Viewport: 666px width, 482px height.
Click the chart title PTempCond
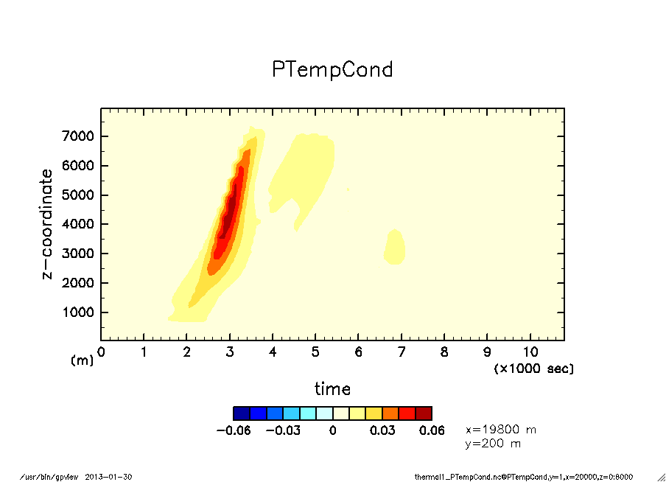coord(332,69)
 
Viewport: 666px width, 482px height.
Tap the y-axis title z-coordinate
coord(47,224)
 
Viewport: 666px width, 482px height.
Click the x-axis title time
coord(332,388)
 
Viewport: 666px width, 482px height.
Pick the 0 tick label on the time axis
coord(101,351)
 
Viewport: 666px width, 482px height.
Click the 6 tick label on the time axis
coord(358,351)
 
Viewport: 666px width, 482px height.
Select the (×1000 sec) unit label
coord(533,368)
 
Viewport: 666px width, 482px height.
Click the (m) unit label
coord(83,360)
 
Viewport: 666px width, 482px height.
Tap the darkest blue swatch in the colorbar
coord(242,413)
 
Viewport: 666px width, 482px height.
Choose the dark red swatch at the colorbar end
coord(424,413)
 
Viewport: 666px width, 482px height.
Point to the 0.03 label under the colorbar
coord(382,430)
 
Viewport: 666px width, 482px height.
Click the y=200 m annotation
coord(493,444)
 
